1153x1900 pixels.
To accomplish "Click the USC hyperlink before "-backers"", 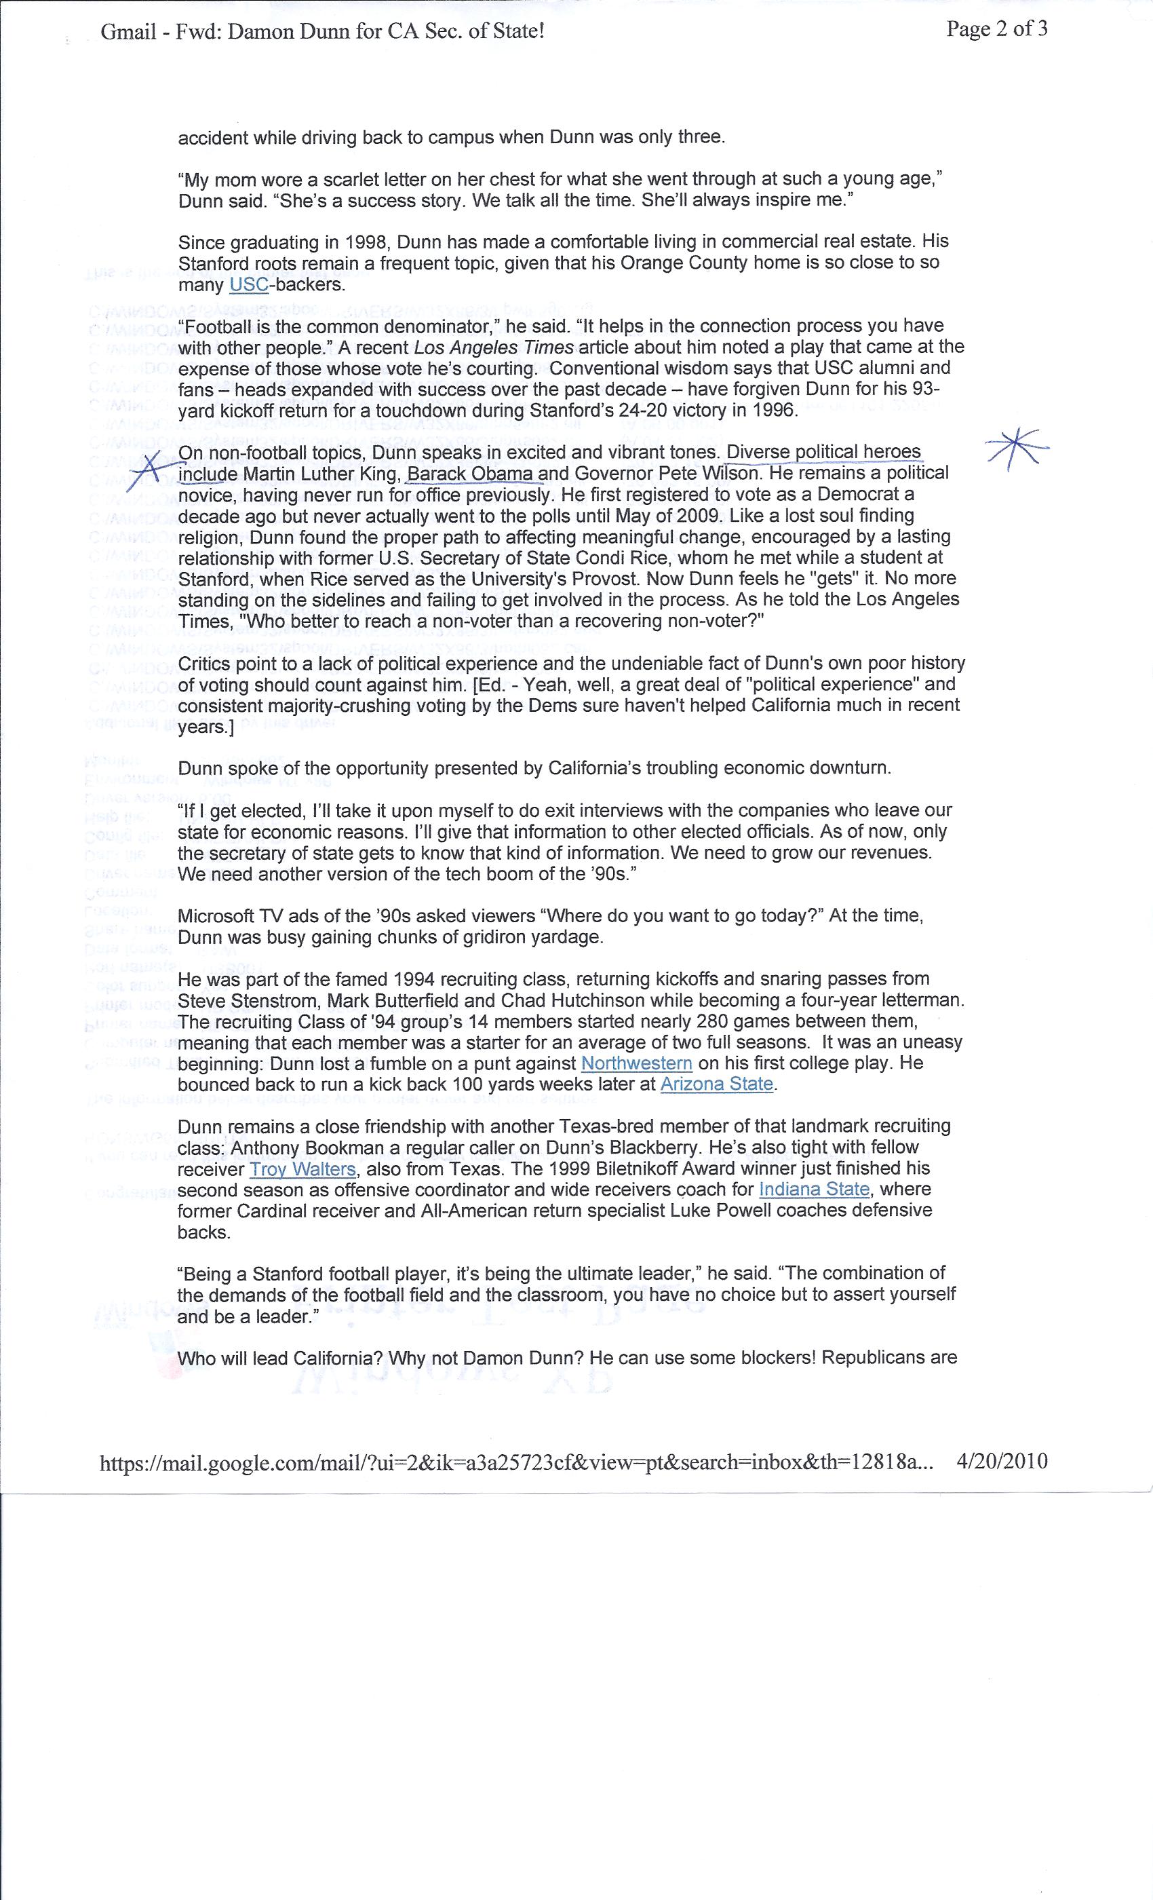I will [249, 284].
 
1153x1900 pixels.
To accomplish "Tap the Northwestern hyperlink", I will [637, 1063].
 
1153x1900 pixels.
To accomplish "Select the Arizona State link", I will [717, 1084].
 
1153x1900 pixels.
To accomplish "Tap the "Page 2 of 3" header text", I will [996, 30].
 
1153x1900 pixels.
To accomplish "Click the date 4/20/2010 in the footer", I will [1001, 1461].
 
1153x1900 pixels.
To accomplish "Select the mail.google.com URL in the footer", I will [516, 1462].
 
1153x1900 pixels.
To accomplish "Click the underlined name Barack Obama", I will [471, 474].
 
